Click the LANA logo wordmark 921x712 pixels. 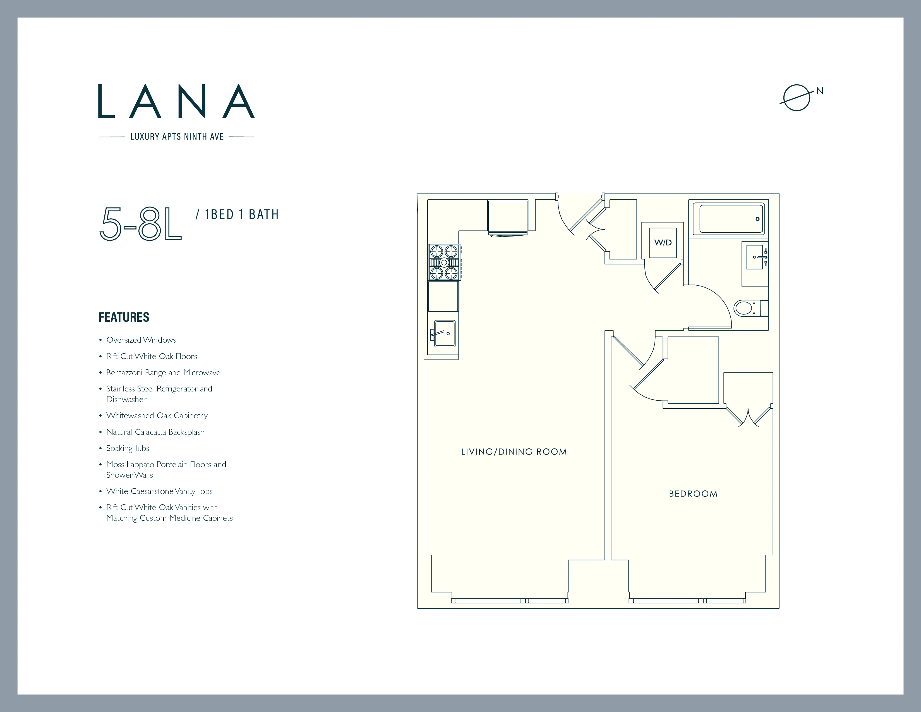click(x=176, y=101)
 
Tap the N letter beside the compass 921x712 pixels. click(x=819, y=91)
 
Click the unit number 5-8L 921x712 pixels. click(x=140, y=224)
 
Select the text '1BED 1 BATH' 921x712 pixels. click(x=242, y=215)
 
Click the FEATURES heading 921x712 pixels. click(x=124, y=317)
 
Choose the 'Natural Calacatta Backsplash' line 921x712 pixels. click(x=155, y=432)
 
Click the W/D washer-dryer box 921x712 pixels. click(x=663, y=243)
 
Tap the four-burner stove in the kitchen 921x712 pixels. click(x=444, y=262)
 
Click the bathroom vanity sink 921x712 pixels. click(x=755, y=257)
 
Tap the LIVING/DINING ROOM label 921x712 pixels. click(x=514, y=452)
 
